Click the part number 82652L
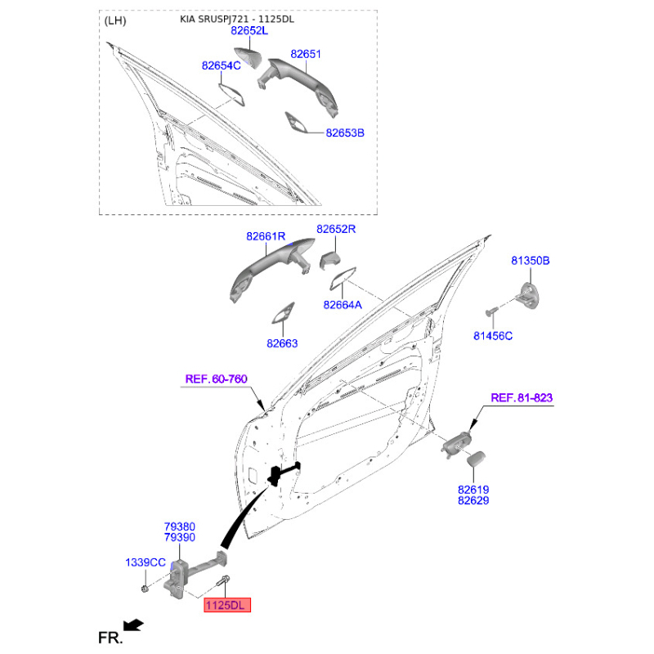[249, 30]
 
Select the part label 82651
[307, 54]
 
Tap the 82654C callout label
[222, 65]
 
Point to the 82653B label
[345, 132]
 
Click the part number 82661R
[266, 236]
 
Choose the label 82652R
[337, 230]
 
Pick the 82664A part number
[343, 304]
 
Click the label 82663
[282, 344]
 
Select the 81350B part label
[531, 261]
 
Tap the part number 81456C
[493, 335]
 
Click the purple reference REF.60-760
[216, 379]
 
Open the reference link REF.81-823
[522, 398]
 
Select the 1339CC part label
[146, 562]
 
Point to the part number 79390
[179, 538]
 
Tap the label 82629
[473, 500]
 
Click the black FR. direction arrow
[133, 625]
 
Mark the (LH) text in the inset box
[116, 20]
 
